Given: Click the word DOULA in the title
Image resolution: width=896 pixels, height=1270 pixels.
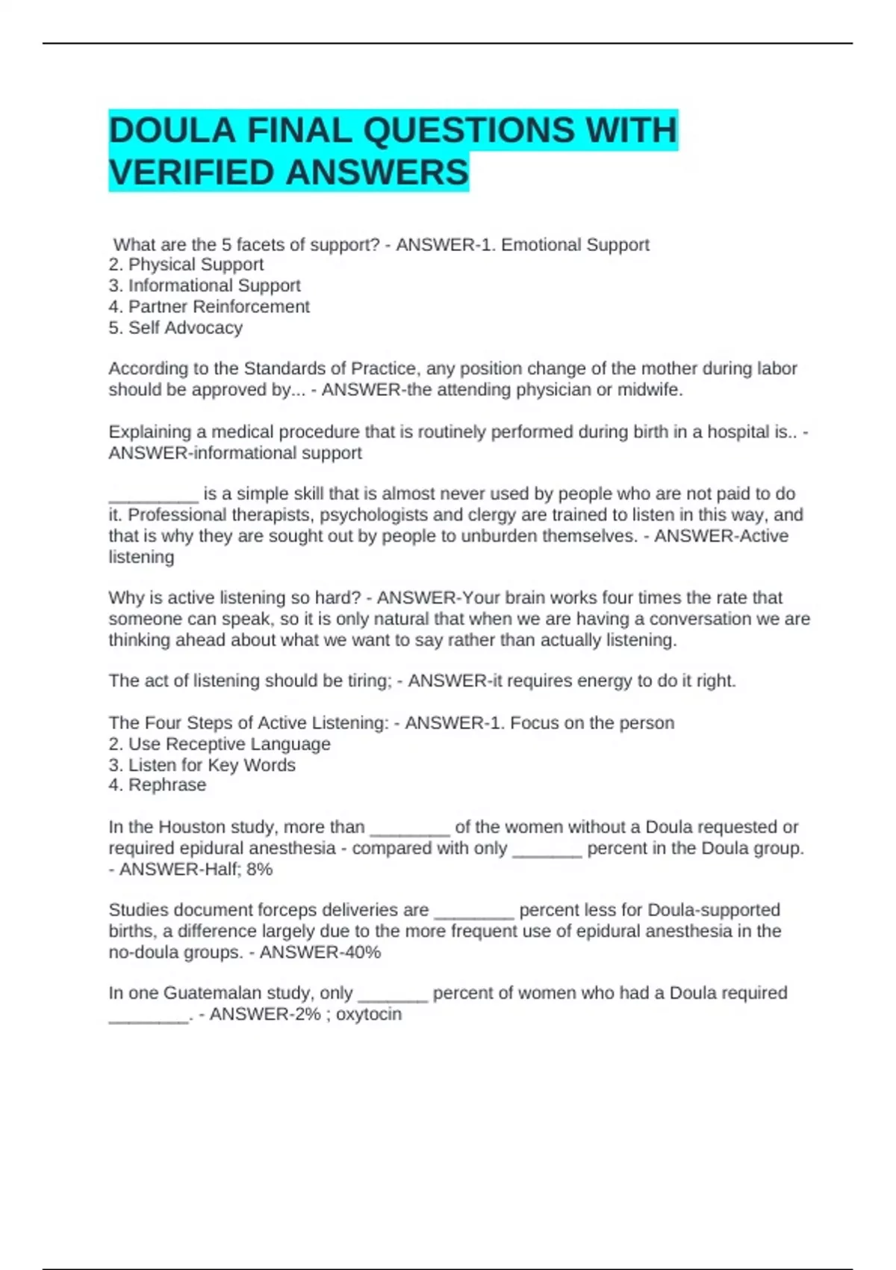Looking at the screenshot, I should (x=172, y=131).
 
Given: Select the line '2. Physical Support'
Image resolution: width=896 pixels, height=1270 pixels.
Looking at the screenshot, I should (x=186, y=264).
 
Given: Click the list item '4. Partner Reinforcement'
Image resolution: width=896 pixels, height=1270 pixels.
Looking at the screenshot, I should (x=209, y=306).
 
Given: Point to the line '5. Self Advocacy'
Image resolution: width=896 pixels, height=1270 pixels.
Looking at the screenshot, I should (x=175, y=327).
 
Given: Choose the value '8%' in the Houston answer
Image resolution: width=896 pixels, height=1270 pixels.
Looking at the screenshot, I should (x=259, y=869).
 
